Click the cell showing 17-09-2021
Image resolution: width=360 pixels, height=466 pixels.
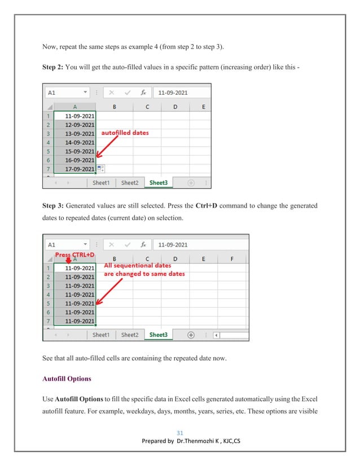click(79, 169)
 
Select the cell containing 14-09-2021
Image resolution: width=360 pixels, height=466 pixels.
click(79, 142)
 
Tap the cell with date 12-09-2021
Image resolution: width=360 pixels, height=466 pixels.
click(79, 124)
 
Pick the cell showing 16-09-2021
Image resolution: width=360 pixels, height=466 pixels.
click(79, 160)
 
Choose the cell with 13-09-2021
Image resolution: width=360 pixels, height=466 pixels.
click(79, 133)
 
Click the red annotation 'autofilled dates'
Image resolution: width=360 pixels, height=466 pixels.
click(124, 133)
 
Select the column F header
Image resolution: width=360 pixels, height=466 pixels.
click(233, 259)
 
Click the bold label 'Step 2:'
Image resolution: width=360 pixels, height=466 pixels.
click(53, 68)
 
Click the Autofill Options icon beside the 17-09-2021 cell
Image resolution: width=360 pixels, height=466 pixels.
click(100, 169)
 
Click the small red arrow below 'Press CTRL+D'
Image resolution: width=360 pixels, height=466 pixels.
click(69, 260)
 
